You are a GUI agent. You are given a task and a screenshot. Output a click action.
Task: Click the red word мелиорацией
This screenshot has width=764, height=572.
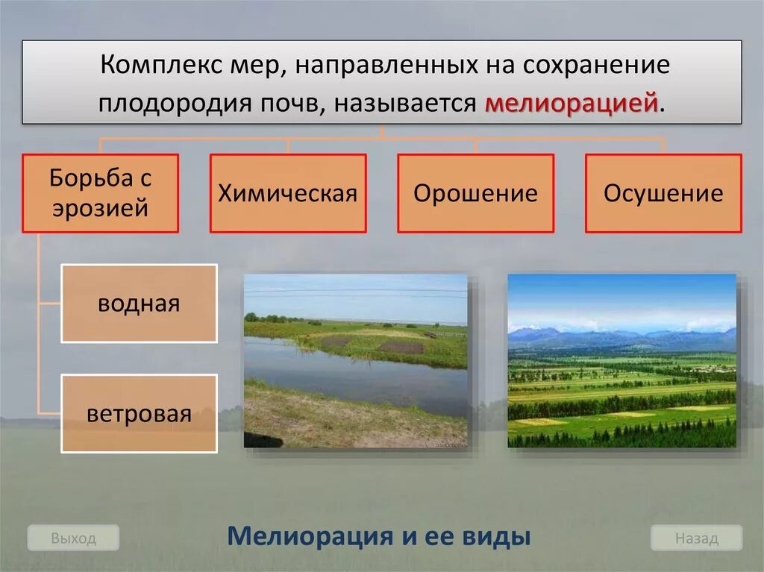tap(571, 103)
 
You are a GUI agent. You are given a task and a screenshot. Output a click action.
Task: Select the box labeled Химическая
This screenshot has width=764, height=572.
tap(288, 193)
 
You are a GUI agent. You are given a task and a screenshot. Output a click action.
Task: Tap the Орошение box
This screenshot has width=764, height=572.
tap(475, 193)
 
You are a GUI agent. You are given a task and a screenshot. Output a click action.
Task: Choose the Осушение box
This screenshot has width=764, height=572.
tap(663, 193)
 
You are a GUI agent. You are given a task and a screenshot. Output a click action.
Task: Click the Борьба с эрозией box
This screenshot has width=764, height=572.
tap(101, 193)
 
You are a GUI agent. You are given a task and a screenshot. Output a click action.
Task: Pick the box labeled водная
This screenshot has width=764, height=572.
tap(139, 304)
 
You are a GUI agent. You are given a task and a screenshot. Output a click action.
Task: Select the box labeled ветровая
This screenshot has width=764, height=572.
tap(139, 414)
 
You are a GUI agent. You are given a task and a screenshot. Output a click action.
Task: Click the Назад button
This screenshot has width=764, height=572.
tap(696, 538)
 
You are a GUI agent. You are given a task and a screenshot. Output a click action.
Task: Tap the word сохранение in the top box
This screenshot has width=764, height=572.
tap(596, 65)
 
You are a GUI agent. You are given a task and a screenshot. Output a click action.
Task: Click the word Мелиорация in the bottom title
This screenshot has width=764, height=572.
tap(310, 536)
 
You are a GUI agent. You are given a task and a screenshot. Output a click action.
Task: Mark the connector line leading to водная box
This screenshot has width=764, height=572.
tap(49, 304)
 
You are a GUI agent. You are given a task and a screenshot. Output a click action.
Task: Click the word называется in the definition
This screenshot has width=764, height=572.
tap(405, 104)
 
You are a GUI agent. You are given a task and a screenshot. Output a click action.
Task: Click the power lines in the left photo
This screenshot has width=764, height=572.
tap(356, 293)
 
